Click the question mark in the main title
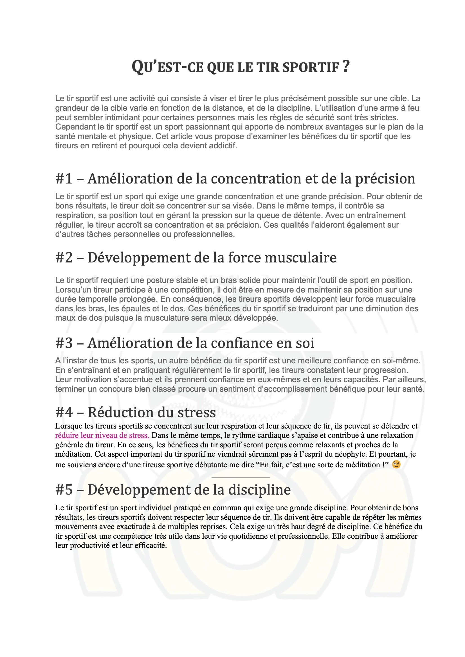coord(346,66)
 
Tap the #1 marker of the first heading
coord(64,179)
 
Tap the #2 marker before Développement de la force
coord(64,257)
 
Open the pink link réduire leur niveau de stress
coord(102,435)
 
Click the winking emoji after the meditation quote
coord(396,465)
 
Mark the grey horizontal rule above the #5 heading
coord(241,477)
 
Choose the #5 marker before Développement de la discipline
coord(64,490)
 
